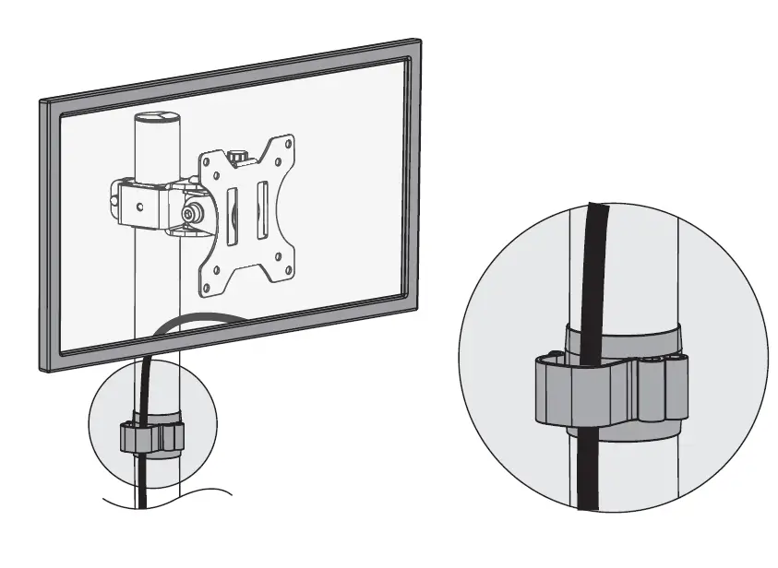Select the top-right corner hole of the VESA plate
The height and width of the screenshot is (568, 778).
click(x=290, y=145)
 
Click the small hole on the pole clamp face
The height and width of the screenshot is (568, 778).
click(x=139, y=206)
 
